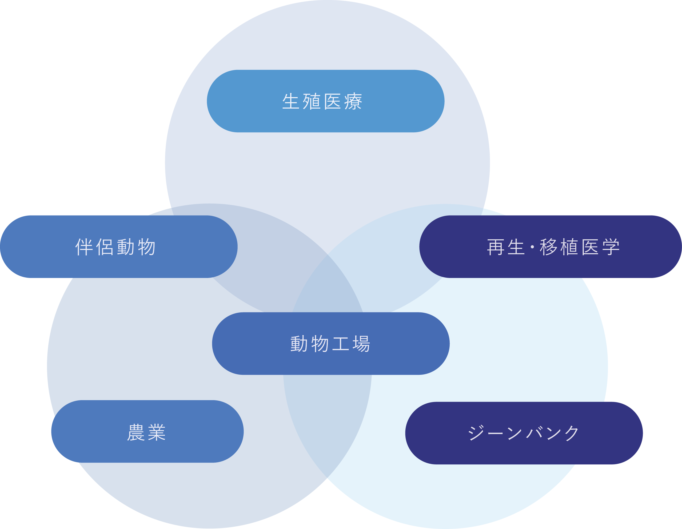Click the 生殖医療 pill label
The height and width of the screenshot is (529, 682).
325,101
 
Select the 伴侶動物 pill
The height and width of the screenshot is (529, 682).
119,247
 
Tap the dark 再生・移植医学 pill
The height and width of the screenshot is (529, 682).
550,247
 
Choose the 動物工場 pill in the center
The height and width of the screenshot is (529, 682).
331,344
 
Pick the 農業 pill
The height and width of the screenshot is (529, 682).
147,432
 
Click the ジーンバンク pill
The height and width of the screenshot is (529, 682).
524,433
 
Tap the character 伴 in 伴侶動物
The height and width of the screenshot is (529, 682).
84,247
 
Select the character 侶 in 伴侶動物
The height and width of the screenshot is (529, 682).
105,247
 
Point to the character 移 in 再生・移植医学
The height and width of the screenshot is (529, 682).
549,247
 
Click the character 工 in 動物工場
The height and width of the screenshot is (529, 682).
341,344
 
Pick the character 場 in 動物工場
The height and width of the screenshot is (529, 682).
362,344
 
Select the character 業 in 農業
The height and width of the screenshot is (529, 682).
157,432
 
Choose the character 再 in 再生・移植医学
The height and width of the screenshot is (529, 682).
496,247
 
